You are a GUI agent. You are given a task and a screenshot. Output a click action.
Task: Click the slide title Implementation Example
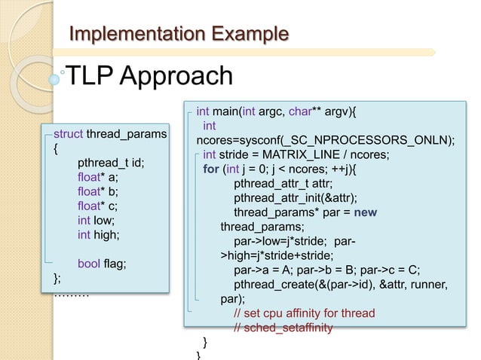click(x=179, y=34)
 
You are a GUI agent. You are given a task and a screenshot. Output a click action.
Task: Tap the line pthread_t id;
click(x=111, y=163)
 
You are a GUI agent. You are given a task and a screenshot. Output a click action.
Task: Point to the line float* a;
click(x=98, y=177)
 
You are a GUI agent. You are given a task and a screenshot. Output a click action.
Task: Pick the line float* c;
click(x=98, y=206)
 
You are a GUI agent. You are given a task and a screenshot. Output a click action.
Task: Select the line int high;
click(x=100, y=234)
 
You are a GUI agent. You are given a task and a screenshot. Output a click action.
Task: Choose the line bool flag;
click(x=103, y=264)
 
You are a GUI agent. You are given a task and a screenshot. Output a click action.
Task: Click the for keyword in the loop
click(x=211, y=169)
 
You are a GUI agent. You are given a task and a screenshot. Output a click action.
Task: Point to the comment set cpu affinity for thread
click(x=304, y=313)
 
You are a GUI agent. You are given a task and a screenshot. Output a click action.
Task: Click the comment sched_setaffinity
click(x=283, y=327)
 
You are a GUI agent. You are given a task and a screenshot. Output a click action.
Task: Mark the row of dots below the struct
click(x=72, y=294)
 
